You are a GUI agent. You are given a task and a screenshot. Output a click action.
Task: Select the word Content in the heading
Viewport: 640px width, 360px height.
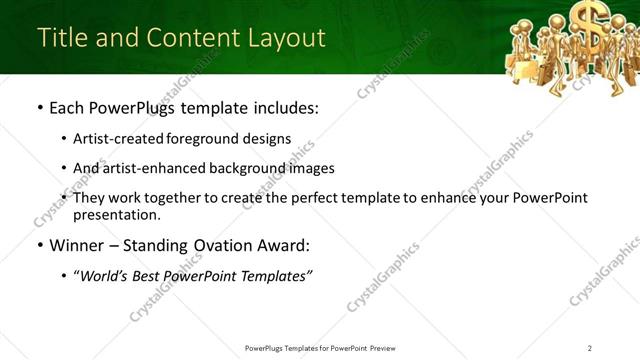(x=190, y=37)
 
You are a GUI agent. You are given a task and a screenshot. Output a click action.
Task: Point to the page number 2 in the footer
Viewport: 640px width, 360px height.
(x=589, y=348)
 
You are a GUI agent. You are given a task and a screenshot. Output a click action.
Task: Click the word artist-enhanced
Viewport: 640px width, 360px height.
(x=145, y=168)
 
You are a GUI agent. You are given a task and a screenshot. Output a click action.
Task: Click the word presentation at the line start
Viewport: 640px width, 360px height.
(x=116, y=214)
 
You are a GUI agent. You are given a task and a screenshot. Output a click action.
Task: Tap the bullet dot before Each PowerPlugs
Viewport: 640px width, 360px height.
(x=39, y=107)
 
